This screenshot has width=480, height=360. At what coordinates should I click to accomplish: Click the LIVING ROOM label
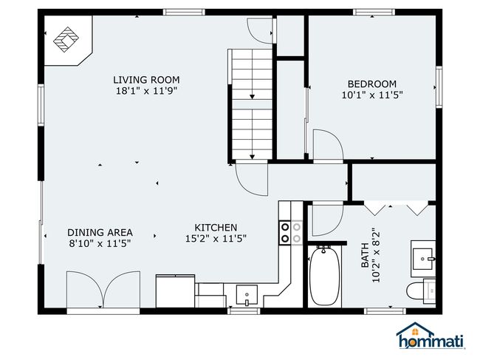[x=146, y=80]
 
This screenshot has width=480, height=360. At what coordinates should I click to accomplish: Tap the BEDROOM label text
[x=372, y=84]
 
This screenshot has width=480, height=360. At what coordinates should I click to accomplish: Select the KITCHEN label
[x=216, y=228]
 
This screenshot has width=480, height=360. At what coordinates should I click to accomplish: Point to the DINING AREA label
[x=100, y=233]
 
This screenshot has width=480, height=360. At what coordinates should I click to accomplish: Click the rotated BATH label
[x=365, y=255]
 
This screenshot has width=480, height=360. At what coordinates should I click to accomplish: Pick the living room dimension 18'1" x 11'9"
[x=147, y=91]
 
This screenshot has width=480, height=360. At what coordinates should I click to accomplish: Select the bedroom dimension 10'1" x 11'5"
[x=372, y=95]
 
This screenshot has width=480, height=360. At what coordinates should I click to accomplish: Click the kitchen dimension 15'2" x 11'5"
[x=216, y=239]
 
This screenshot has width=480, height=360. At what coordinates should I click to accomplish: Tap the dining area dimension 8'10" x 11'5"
[x=100, y=244]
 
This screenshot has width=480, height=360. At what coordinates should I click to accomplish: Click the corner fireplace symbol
[x=66, y=39]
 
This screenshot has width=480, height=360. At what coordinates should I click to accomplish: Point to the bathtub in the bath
[x=324, y=276]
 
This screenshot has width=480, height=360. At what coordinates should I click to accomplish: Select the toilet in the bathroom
[x=421, y=291]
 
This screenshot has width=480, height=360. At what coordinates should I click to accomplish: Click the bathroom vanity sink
[x=423, y=259]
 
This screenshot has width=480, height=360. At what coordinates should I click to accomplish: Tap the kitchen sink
[x=247, y=296]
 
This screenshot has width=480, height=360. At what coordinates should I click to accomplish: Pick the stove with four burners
[x=290, y=232]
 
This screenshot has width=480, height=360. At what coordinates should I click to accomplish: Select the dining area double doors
[x=103, y=290]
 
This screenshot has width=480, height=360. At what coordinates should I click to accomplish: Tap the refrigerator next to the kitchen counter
[x=176, y=291]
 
